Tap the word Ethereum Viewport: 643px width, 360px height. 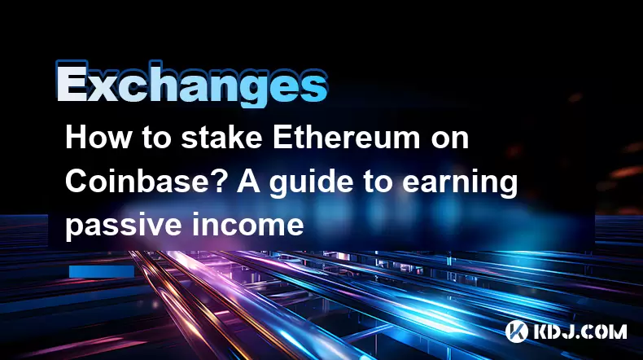[x=347, y=138]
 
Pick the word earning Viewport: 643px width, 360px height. [x=459, y=183]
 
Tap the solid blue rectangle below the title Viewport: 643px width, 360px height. [x=102, y=271]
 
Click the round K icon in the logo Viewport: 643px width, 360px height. [x=516, y=331]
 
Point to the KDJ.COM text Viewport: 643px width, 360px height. [x=580, y=331]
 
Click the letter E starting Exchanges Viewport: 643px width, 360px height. [x=72, y=81]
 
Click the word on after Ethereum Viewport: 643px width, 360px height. [x=450, y=141]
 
